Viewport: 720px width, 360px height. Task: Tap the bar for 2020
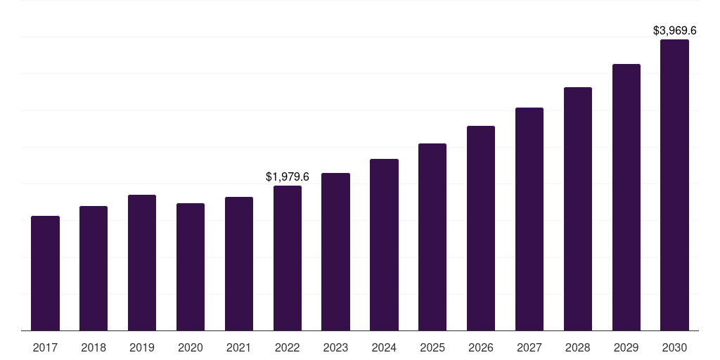point(191,266)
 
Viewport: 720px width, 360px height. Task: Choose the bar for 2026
point(481,228)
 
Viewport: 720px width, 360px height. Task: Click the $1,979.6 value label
point(288,176)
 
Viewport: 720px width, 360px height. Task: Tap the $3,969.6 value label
point(674,31)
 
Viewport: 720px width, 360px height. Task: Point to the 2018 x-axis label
point(94,347)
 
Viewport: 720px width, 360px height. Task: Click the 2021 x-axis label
point(239,347)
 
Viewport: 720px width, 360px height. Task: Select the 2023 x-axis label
point(335,347)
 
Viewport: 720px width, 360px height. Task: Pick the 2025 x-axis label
point(432,347)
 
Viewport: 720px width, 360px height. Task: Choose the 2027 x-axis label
point(529,347)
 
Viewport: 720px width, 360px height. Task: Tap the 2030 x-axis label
point(674,347)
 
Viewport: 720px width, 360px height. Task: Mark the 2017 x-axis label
point(45,347)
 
